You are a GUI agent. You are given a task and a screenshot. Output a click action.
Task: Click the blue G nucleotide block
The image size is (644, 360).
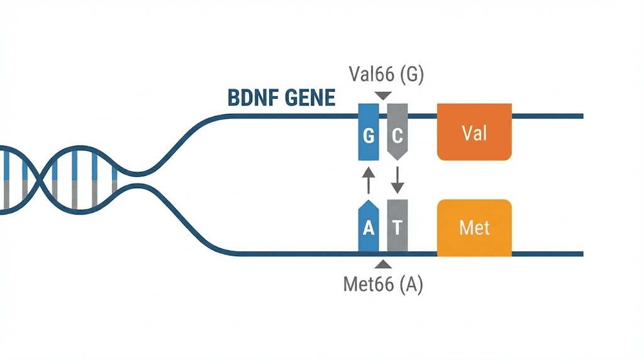click(x=369, y=132)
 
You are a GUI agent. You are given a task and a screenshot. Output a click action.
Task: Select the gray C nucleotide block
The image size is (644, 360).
click(x=397, y=132)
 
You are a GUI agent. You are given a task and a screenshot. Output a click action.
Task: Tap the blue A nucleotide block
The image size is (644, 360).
click(x=369, y=227)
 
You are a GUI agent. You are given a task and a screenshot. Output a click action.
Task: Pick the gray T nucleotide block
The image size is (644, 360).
click(x=397, y=227)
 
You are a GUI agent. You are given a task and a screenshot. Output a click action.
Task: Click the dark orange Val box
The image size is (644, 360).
click(x=474, y=132)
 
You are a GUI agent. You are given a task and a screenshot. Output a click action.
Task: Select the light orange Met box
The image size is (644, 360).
click(x=474, y=227)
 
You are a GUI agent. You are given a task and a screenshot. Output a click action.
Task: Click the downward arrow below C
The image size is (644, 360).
click(x=397, y=180)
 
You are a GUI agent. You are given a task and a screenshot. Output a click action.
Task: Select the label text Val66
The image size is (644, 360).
click(x=370, y=76)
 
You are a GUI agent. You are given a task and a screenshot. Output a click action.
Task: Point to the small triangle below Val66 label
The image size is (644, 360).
click(x=382, y=95)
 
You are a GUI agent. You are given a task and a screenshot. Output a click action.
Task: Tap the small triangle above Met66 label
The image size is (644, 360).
click(x=382, y=264)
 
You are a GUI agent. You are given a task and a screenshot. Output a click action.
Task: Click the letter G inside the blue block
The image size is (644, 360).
click(x=369, y=135)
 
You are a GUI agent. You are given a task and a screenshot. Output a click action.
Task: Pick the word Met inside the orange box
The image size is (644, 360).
click(x=474, y=227)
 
